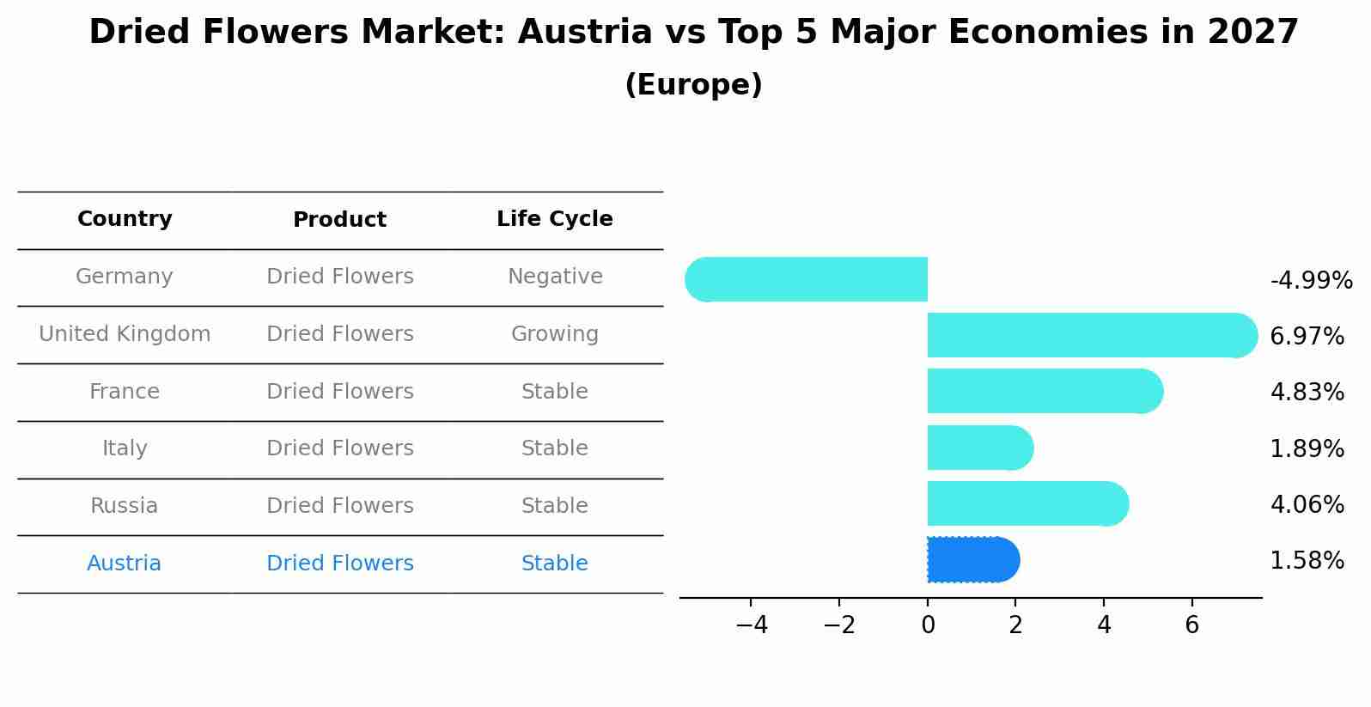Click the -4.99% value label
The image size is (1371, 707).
1311,281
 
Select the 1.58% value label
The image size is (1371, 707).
1307,561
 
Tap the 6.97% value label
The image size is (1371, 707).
1307,337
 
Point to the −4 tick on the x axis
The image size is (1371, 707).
752,625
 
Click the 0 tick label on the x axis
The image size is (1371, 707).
928,625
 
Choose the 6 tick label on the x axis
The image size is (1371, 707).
1191,625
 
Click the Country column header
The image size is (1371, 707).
125,219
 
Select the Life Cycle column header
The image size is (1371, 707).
555,219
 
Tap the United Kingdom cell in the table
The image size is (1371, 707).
125,334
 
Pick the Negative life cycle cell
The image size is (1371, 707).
555,277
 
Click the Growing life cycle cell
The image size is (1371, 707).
555,334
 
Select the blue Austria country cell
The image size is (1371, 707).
125,564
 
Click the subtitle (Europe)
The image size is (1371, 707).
693,85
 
